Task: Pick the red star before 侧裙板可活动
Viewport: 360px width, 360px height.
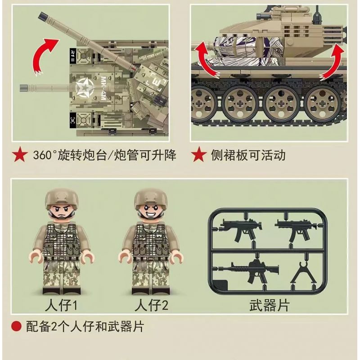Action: (199, 154)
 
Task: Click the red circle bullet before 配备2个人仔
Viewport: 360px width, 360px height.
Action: (16, 326)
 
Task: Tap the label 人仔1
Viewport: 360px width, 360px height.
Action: (61, 306)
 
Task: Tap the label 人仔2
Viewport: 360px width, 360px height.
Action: (151, 306)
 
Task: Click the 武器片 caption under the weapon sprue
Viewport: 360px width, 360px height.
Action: (269, 306)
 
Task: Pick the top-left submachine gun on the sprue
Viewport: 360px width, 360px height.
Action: (240, 229)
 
